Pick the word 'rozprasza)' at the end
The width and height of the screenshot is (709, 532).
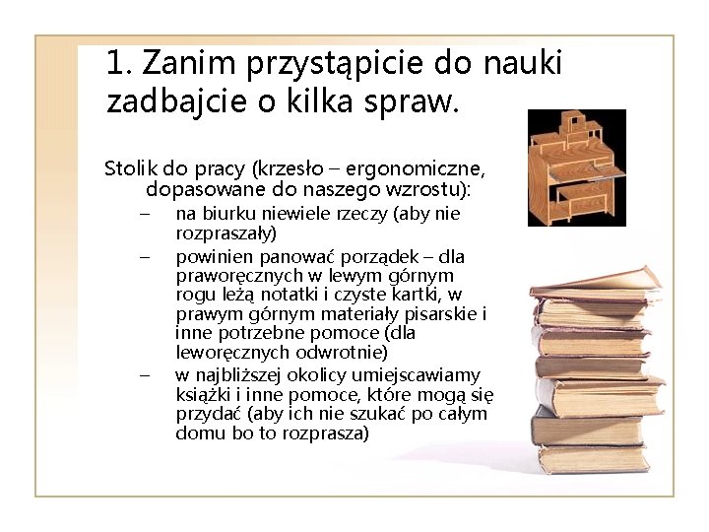pos(325,432)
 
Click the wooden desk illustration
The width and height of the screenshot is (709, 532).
pos(576,167)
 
